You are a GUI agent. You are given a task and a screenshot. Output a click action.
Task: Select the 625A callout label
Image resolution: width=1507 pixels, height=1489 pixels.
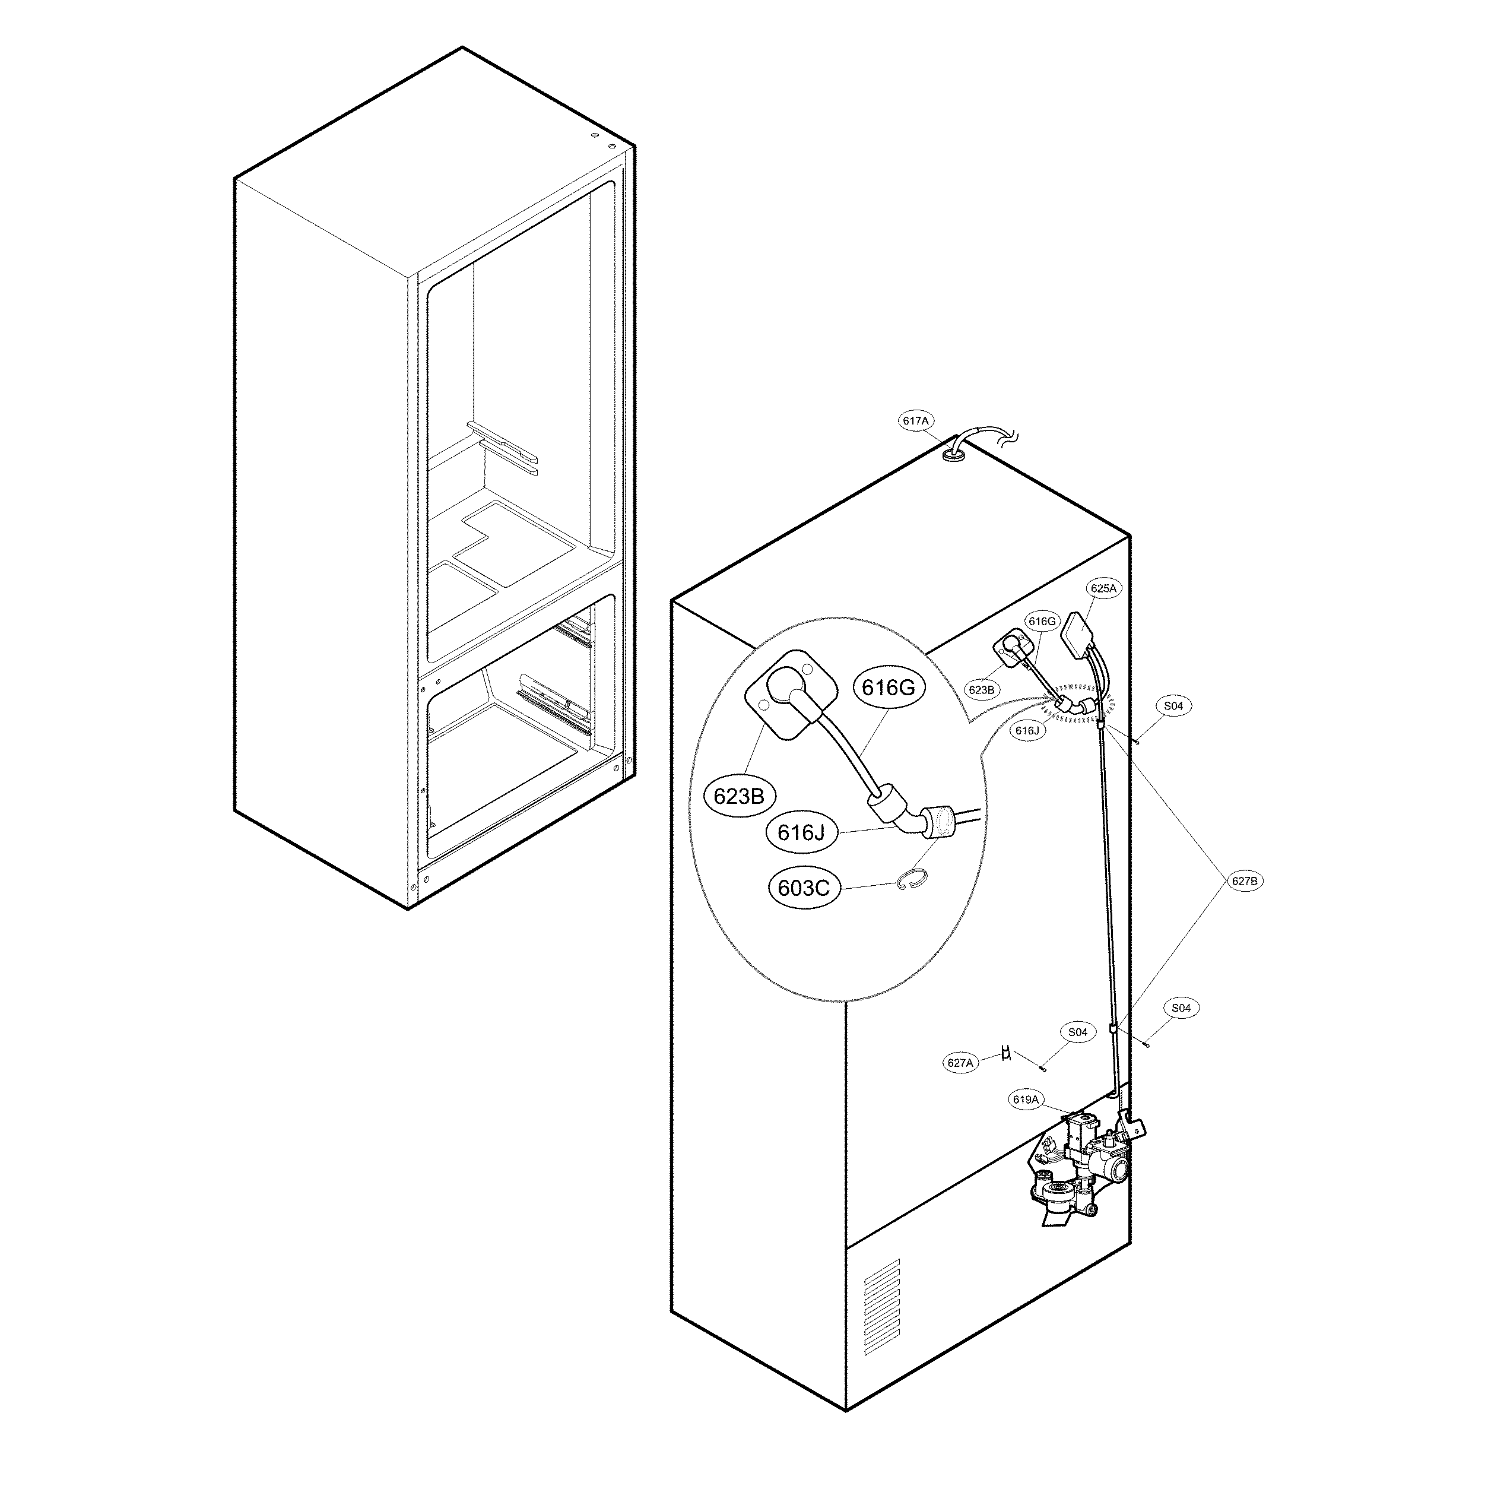click(x=1103, y=589)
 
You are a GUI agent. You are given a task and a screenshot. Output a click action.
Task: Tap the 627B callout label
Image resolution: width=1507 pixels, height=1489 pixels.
click(x=1243, y=881)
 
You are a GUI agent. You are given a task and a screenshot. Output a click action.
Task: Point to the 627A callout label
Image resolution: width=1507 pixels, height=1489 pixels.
click(x=960, y=1062)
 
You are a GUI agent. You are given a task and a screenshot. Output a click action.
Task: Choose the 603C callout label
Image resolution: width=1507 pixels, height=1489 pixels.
click(x=804, y=888)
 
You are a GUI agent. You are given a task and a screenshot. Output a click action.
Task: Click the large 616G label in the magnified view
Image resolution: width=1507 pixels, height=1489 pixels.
click(x=887, y=688)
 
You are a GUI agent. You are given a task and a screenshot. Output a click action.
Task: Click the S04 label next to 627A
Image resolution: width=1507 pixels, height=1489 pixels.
click(x=1077, y=1032)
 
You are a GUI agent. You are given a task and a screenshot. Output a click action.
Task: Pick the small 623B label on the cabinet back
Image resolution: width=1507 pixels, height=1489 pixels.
click(x=981, y=690)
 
